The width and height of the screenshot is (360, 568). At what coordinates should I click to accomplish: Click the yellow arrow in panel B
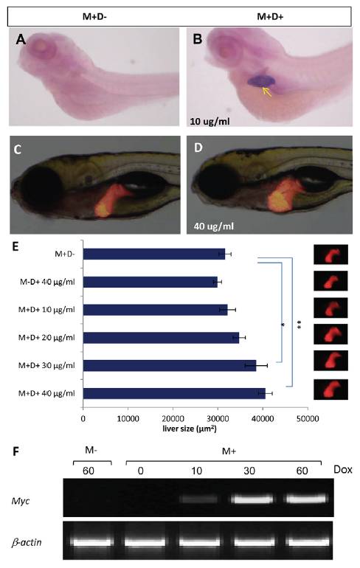pyautogui.click(x=267, y=91)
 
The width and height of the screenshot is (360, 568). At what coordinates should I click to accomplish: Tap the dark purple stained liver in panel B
pyautogui.click(x=261, y=81)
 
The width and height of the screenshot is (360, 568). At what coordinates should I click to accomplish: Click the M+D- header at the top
pyautogui.click(x=94, y=16)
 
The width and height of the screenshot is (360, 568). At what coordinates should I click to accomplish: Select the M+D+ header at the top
pyautogui.click(x=270, y=16)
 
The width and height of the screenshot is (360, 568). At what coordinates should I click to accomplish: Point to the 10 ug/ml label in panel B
pyautogui.click(x=210, y=121)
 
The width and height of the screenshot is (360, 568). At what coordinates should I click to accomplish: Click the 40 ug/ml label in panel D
pyautogui.click(x=214, y=226)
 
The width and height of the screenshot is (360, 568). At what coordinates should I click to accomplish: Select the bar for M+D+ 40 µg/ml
pyautogui.click(x=174, y=393)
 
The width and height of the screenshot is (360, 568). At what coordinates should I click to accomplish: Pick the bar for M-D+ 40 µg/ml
pyautogui.click(x=150, y=282)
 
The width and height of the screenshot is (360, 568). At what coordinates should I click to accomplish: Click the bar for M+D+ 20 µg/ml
pyautogui.click(x=161, y=338)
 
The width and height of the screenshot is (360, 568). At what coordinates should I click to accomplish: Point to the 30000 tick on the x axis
pyautogui.click(x=218, y=419)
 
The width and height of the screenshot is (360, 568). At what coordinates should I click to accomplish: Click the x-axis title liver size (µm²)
pyautogui.click(x=190, y=429)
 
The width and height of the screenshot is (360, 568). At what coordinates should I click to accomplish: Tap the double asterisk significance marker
pyautogui.click(x=300, y=325)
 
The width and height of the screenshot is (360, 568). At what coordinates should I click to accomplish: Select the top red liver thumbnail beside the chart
pyautogui.click(x=330, y=254)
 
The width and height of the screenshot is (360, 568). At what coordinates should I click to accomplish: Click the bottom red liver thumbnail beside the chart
pyautogui.click(x=330, y=389)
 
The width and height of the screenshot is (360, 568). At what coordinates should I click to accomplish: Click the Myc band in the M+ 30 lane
pyautogui.click(x=253, y=499)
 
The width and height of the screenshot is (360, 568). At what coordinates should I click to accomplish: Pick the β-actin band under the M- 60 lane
pyautogui.click(x=91, y=542)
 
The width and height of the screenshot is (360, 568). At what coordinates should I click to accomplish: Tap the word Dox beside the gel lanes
pyautogui.click(x=342, y=470)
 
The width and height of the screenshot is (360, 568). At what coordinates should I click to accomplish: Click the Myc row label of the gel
pyautogui.click(x=21, y=501)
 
